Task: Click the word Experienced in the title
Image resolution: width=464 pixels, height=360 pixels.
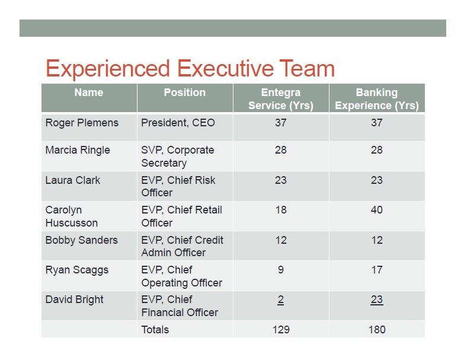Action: tap(108, 69)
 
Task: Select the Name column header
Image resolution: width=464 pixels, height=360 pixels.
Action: tap(89, 93)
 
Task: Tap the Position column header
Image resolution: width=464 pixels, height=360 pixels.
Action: tap(185, 93)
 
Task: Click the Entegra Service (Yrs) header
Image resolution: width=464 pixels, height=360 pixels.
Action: tap(281, 99)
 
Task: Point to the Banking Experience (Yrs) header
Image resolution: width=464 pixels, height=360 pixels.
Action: tap(377, 99)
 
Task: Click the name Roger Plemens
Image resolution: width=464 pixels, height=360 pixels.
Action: tap(82, 123)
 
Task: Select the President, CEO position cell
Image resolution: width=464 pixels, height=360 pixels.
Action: tap(178, 123)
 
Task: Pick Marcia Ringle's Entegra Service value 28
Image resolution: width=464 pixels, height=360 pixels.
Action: tap(281, 150)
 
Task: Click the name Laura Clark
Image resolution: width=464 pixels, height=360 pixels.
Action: tap(73, 180)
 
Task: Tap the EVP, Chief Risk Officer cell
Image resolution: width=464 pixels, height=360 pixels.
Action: tap(178, 186)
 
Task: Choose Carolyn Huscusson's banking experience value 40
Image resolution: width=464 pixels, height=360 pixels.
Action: tap(377, 210)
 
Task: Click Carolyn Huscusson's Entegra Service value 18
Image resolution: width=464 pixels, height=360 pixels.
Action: tap(281, 210)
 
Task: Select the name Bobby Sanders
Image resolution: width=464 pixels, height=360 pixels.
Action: tap(82, 240)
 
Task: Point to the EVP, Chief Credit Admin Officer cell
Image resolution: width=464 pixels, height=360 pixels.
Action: tap(183, 246)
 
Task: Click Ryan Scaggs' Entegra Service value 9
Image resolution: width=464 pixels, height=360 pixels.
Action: tap(281, 270)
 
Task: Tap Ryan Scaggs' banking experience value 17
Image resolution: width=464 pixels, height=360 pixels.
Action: tap(377, 270)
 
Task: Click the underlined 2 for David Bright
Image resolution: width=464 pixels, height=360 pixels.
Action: tap(281, 300)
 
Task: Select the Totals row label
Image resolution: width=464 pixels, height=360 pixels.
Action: tap(155, 330)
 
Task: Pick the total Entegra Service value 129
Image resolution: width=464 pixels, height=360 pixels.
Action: tap(281, 330)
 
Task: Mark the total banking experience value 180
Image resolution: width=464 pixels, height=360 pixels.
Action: tap(377, 330)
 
